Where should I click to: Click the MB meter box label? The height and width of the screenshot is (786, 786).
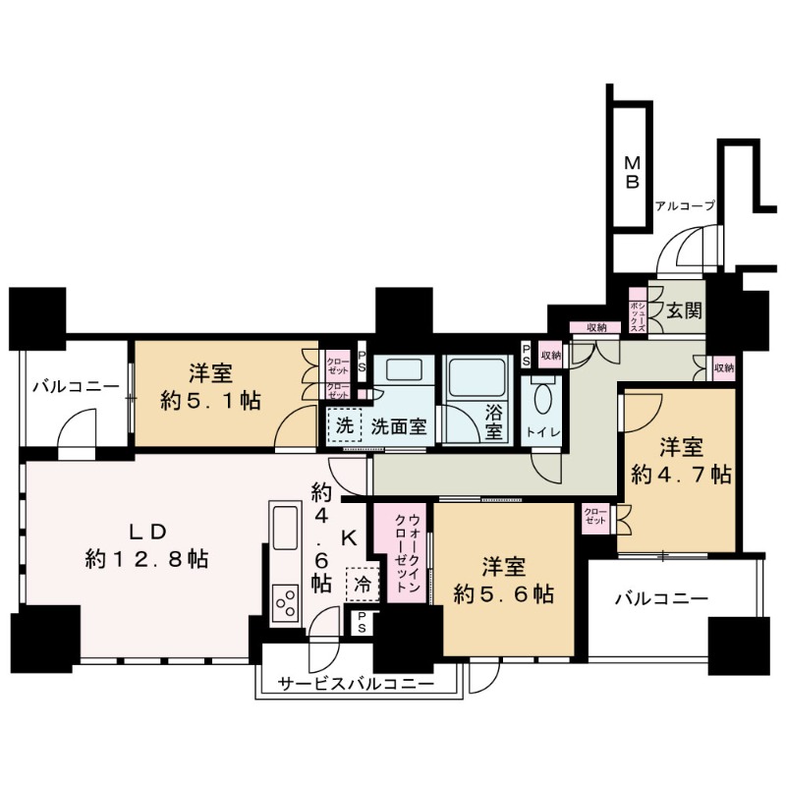pos(633,172)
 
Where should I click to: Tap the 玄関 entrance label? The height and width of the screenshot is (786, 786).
pos(684,310)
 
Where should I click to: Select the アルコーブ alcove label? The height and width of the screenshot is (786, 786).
pos(685,206)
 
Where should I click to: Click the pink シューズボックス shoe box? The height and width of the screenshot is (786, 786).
pos(639,310)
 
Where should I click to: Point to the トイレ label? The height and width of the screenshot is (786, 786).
pos(543,432)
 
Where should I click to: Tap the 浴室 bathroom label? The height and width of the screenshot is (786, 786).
pos(493,421)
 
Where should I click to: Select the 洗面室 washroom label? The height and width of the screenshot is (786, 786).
pos(399,426)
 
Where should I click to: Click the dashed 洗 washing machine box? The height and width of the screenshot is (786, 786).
pos(345,425)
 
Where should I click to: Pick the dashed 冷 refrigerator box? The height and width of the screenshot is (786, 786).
pos(363,584)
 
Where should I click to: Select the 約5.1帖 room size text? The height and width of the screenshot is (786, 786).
pos(210,402)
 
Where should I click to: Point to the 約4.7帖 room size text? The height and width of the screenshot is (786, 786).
pos(682,475)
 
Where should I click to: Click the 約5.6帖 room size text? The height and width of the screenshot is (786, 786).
pos(504,594)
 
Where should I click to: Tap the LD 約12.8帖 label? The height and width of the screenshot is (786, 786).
pos(147,545)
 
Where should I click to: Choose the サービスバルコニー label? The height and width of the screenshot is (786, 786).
pos(356,684)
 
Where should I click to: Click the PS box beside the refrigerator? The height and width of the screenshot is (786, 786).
pos(362,622)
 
